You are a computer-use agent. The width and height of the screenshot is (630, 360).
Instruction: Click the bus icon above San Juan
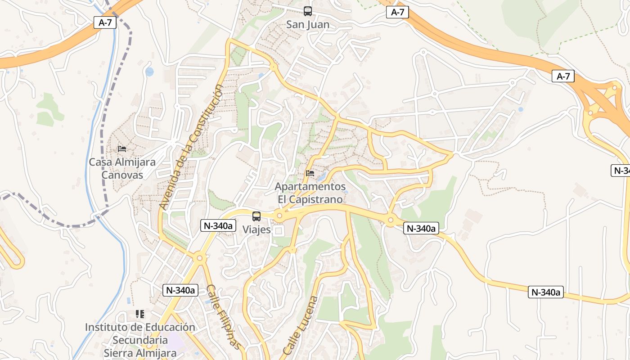[x=308, y=11]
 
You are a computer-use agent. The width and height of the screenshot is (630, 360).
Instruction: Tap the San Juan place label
[x=308, y=25]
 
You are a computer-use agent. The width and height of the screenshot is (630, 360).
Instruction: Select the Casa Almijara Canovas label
[x=122, y=168]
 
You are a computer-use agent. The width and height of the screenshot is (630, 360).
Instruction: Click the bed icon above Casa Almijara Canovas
[x=122, y=149]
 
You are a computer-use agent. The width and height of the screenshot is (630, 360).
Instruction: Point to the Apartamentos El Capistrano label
[x=310, y=193]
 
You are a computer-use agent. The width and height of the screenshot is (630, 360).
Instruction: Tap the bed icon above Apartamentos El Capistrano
[x=310, y=173]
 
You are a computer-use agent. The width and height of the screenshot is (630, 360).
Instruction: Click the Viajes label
[x=256, y=229]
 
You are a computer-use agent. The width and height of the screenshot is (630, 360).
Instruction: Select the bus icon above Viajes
[x=256, y=216]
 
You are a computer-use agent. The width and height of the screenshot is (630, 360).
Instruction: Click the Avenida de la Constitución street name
[x=191, y=147]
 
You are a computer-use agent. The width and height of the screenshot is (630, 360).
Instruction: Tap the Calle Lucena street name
[x=300, y=325]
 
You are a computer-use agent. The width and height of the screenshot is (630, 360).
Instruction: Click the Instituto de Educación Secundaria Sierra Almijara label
[x=140, y=340]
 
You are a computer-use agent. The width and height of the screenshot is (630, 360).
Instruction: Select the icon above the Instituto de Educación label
[x=140, y=314]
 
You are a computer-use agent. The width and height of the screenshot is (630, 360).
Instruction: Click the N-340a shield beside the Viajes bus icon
[x=218, y=225]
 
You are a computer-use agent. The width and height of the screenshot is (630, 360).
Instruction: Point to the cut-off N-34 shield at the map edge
[x=621, y=171]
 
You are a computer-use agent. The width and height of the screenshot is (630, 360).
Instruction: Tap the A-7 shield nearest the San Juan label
[x=397, y=13]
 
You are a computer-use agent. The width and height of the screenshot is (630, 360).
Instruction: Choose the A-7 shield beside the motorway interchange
[x=563, y=76]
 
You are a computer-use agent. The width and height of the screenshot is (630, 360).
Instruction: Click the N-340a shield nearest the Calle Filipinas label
[x=180, y=290]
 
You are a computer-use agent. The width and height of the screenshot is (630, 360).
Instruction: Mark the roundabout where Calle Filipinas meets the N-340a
[x=199, y=258]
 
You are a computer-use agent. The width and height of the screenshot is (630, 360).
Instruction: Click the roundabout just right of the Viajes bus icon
[x=279, y=216]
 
